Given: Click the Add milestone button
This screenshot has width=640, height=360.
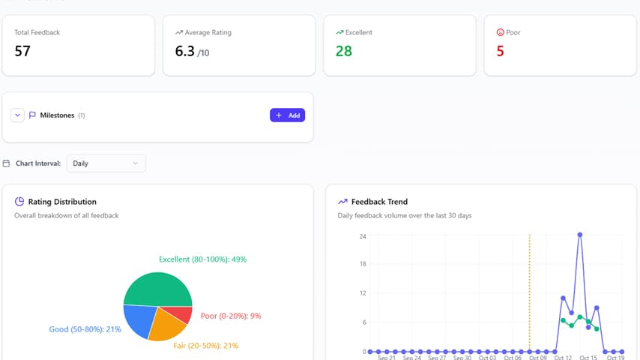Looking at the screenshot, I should pos(287,115).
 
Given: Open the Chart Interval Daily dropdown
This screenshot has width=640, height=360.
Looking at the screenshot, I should pos(106,163).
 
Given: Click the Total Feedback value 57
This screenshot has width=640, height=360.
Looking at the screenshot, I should pos(22,52).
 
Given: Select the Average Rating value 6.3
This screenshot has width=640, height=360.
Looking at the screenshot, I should pos(184,52).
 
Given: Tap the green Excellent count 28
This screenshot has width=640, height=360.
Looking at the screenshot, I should pos(344,52).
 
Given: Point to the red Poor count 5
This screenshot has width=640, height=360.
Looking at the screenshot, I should pos(501,52).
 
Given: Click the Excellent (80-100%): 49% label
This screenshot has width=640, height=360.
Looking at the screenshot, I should pos(202,259).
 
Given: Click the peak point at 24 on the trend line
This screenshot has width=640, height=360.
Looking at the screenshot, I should pos(580,235).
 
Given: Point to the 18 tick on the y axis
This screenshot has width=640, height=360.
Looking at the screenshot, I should pos(362,264).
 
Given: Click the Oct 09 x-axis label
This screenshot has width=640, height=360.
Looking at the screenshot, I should pos(537,358).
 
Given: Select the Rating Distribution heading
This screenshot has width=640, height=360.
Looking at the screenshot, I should pos(62,202).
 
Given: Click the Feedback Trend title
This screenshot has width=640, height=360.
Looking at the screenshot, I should pos(379,202).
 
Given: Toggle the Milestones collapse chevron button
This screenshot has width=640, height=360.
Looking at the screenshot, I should pos(18,115).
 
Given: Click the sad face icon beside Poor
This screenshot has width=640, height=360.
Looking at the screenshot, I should pos(501,32).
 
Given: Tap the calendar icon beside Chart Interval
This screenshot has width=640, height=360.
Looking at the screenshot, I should pos(7,163).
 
